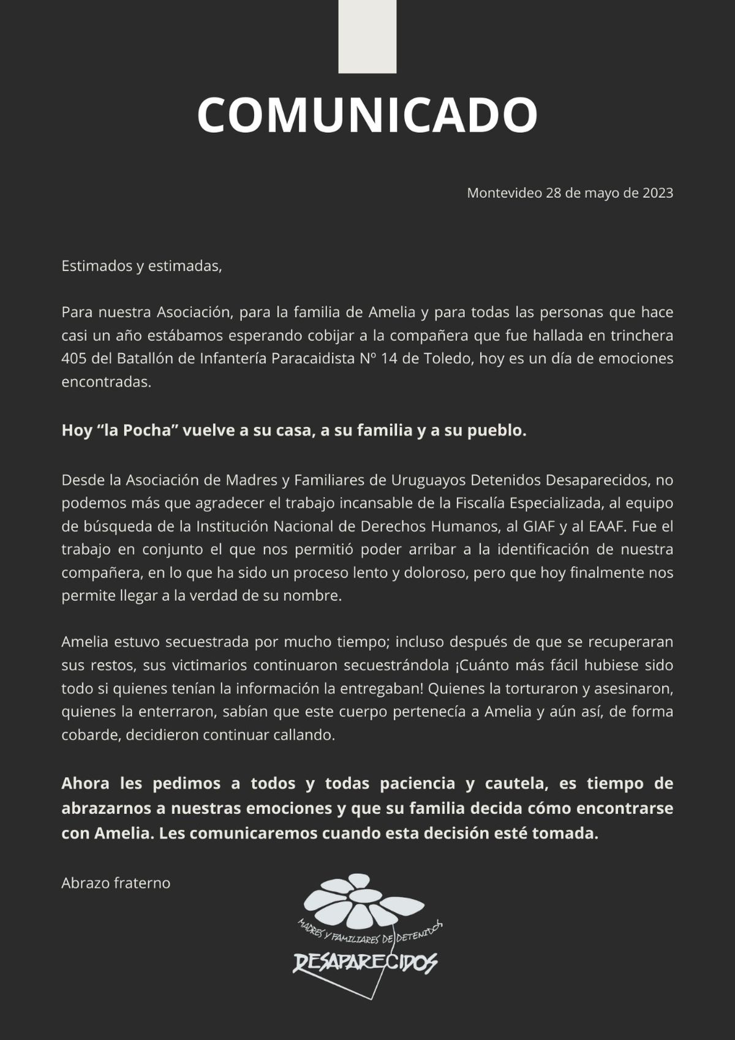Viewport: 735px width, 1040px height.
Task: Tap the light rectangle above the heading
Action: click(367, 37)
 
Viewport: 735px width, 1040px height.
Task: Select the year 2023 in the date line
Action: click(657, 193)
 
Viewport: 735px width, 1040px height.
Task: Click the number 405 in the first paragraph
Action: click(73, 358)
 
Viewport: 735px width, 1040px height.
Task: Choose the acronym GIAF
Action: click(540, 526)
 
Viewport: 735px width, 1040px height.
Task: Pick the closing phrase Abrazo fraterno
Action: click(116, 883)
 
